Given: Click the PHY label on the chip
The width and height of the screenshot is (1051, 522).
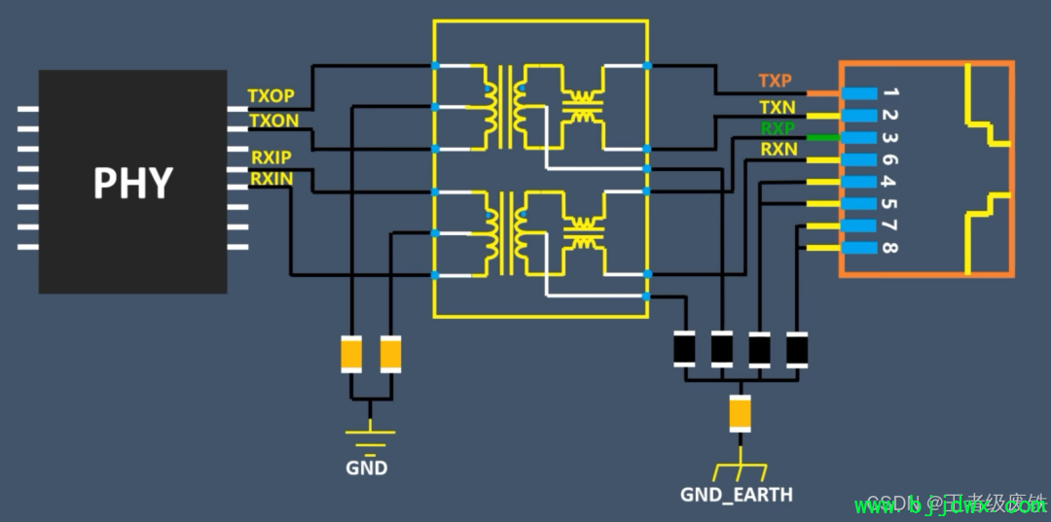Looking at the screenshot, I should point(132,183).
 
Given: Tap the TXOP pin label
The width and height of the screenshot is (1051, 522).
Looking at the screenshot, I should point(271,97).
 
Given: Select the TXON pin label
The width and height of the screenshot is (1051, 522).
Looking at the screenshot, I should point(273,121).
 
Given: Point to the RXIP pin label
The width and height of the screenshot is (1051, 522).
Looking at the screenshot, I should point(271,157).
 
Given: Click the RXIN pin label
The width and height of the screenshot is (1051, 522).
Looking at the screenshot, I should point(271,179).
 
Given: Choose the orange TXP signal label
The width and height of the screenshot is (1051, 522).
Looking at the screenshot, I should point(776,81).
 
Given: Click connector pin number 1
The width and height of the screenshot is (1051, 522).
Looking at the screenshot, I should point(890,93).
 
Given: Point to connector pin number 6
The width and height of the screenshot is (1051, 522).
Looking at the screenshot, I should point(889,159).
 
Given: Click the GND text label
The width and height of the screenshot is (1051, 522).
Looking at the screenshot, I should point(366,469).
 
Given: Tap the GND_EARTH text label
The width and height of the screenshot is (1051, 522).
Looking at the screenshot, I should point(737,495).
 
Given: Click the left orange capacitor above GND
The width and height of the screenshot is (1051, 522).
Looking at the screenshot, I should point(351,354).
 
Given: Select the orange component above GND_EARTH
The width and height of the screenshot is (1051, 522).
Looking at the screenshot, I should point(740,414).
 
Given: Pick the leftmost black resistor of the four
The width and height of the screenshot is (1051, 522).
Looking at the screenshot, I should point(685,348).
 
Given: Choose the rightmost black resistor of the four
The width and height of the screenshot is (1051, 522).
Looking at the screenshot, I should point(796,348).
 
